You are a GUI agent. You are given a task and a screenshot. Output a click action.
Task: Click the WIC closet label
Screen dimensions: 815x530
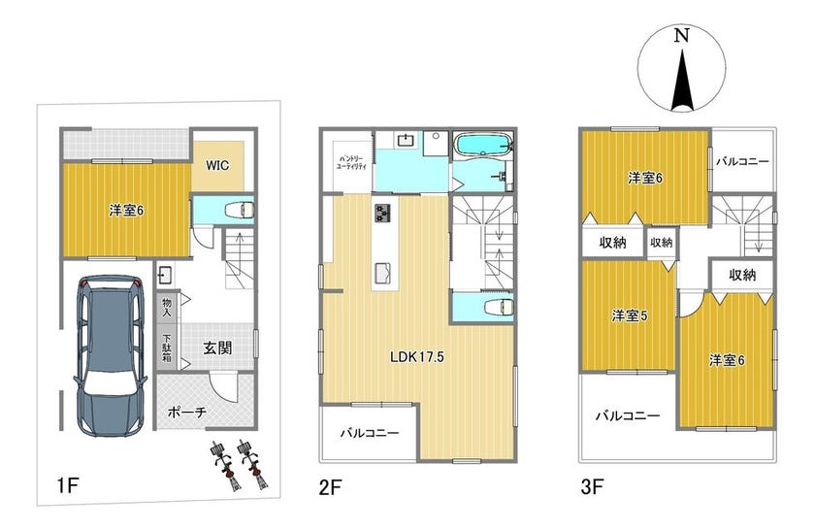(x=217, y=165)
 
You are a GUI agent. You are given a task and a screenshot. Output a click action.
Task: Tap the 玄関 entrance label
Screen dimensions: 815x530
(x=217, y=348)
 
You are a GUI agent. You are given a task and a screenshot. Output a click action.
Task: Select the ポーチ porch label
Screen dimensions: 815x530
(x=187, y=412)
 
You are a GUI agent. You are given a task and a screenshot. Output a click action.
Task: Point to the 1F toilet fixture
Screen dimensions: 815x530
(x=239, y=210)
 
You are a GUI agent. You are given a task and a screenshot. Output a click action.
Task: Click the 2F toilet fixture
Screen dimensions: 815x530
(x=499, y=307)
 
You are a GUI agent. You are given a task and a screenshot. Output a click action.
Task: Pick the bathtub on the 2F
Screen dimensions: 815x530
(x=483, y=144)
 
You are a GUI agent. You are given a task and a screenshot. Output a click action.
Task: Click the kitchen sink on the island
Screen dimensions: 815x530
(x=384, y=273)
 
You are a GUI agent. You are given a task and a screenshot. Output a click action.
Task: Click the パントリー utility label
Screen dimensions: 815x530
(x=351, y=162)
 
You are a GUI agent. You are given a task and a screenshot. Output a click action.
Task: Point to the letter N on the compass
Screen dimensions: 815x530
(x=681, y=36)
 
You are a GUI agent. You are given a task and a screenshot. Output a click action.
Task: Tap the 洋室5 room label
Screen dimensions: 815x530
(x=630, y=315)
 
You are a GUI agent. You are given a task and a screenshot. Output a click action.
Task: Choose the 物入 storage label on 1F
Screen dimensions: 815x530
(x=167, y=307)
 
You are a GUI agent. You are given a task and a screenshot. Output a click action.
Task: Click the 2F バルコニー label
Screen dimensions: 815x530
(x=370, y=433)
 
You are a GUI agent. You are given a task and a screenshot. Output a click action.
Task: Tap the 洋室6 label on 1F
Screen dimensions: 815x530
(x=126, y=211)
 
